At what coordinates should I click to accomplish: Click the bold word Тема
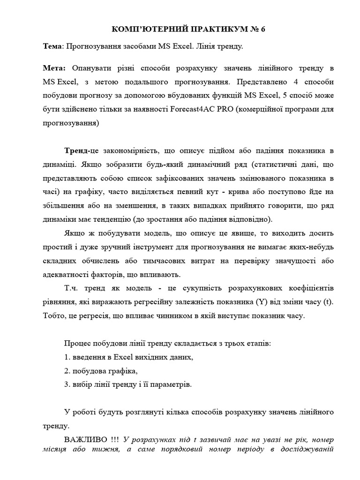coord(51,47)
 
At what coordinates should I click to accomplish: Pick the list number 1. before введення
coord(67,357)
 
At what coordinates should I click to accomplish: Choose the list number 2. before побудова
coord(67,371)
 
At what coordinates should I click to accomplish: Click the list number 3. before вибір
coord(67,384)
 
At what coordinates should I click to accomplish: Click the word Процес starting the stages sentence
coord(78,344)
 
